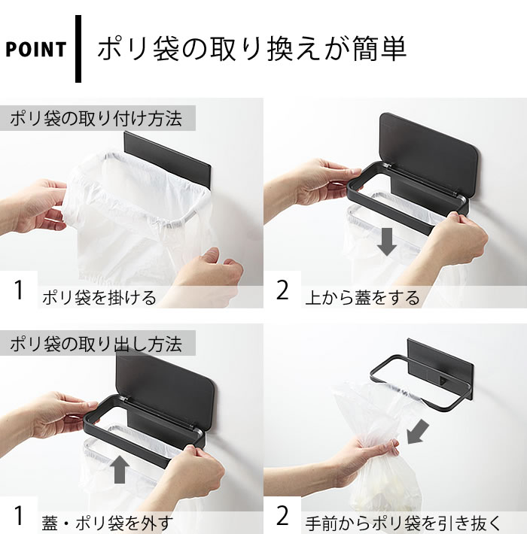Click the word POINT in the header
point(36,50)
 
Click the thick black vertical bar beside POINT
point(78,49)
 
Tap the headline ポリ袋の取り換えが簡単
point(252,49)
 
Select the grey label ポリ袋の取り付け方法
point(96,119)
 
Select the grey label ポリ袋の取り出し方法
point(96,344)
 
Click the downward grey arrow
point(386,241)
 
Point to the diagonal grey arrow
point(418,432)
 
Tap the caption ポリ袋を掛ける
point(99,298)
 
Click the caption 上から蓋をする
point(362,298)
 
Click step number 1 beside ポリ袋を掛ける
point(19,290)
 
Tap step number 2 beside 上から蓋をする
point(282,290)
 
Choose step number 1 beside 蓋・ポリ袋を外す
point(19,516)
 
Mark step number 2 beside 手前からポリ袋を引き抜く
point(282,516)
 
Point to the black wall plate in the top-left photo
point(167,153)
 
